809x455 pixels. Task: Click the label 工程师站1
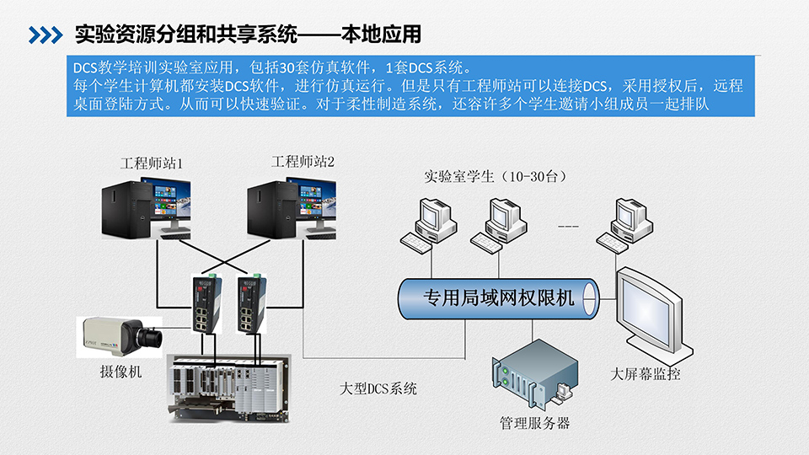(x=152, y=162)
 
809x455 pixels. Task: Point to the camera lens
(x=152, y=338)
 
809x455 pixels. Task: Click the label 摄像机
(x=121, y=372)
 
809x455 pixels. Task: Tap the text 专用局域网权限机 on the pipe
(x=498, y=297)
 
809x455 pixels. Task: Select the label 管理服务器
(x=534, y=423)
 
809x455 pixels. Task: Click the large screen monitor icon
(x=649, y=311)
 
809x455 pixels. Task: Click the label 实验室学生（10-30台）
(x=495, y=177)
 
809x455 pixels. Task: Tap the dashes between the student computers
(x=569, y=227)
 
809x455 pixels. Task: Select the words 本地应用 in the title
(x=382, y=35)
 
